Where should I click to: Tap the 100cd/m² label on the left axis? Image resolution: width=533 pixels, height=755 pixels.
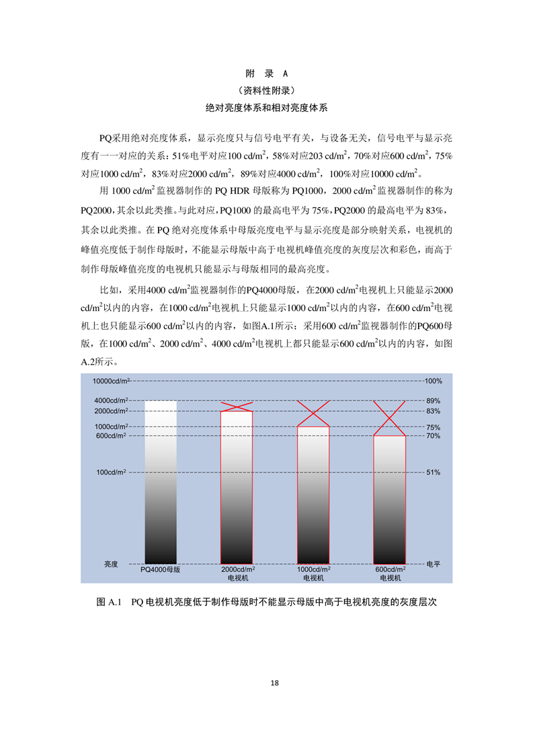111,472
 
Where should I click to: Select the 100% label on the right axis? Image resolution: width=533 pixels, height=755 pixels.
433,381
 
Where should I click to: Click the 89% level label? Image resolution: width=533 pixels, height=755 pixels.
433,400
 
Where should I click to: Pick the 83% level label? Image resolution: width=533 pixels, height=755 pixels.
433,411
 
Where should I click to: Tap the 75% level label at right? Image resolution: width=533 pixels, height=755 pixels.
433,427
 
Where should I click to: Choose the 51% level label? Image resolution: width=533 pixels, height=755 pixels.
433,472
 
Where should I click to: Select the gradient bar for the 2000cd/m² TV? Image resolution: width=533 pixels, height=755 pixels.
237,487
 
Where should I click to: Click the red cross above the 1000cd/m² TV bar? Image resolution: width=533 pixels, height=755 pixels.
313,413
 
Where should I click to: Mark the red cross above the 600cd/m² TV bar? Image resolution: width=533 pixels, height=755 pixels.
390,418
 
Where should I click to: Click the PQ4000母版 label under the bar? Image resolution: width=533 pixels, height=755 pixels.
161,569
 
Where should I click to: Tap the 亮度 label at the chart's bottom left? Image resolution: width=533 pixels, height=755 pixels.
111,564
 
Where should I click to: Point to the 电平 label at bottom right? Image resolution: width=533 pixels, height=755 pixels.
434,564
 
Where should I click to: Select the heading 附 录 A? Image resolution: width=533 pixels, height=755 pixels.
267,74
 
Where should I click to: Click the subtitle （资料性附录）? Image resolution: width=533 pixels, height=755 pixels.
267,90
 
